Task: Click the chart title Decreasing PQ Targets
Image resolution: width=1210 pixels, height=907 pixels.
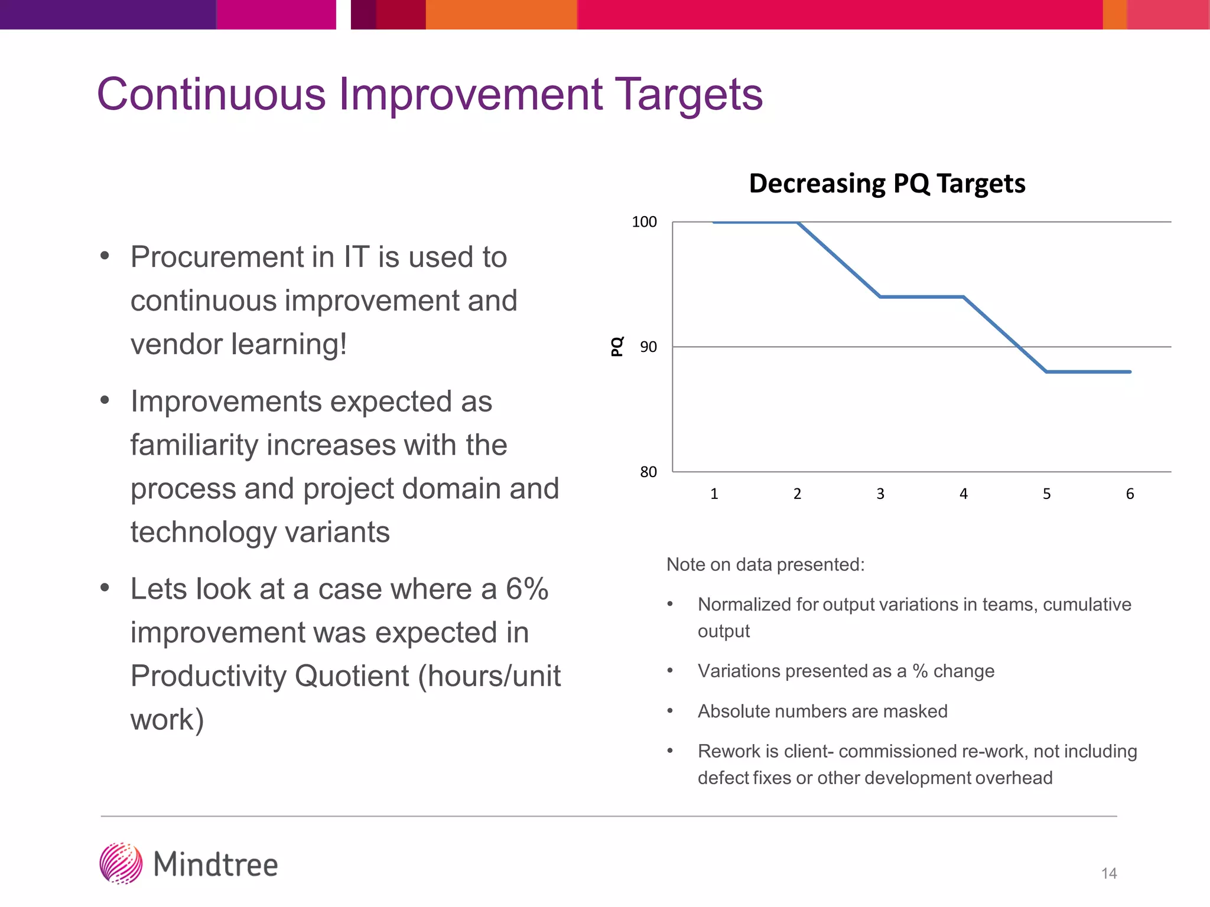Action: tap(887, 184)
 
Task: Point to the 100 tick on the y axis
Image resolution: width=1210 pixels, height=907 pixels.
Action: tap(644, 222)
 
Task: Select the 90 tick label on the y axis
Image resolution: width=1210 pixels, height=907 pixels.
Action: tap(648, 347)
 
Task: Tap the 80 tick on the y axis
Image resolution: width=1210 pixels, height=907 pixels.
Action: tap(648, 472)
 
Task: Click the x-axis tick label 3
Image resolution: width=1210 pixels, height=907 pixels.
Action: tap(880, 494)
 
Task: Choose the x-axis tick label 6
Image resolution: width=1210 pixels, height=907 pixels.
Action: tap(1130, 494)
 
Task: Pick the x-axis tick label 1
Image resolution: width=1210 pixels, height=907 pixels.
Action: tap(714, 494)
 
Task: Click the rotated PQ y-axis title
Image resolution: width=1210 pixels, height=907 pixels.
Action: tap(617, 347)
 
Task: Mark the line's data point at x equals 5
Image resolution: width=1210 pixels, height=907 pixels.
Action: tap(1046, 372)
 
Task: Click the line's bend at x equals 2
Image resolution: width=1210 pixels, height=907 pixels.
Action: tap(798, 223)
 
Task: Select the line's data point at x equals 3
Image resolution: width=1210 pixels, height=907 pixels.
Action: tap(880, 296)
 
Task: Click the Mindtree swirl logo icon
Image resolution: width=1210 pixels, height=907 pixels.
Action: tap(121, 863)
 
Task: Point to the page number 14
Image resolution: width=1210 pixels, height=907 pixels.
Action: tap(1109, 873)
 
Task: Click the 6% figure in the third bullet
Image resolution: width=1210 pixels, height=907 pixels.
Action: tap(527, 589)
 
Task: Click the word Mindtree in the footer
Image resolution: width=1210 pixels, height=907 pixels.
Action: tap(216, 864)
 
